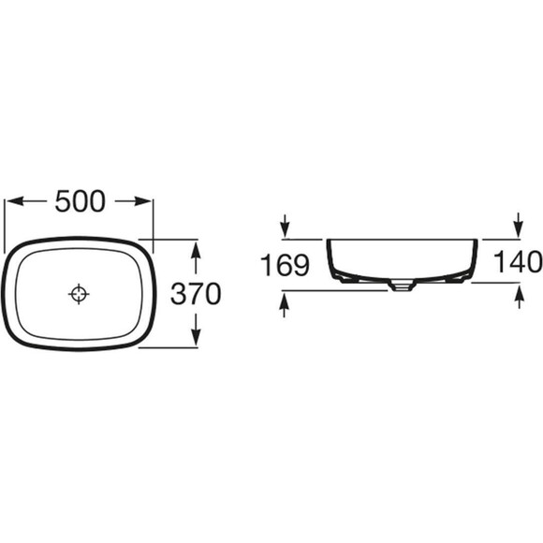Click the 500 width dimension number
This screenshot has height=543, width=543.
tap(80, 201)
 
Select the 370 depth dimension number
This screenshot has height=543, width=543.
tap(196, 294)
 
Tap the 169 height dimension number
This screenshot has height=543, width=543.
tap(285, 265)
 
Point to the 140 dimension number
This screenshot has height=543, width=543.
tap(518, 261)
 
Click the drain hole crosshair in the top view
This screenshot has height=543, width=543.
tap(79, 294)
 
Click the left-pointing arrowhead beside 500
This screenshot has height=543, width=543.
tap(16, 201)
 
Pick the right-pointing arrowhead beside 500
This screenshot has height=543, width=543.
tap(143, 201)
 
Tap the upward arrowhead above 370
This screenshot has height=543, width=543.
tap(196, 249)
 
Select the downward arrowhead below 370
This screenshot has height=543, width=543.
tap(196, 337)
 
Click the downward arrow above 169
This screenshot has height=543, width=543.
tap(285, 226)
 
